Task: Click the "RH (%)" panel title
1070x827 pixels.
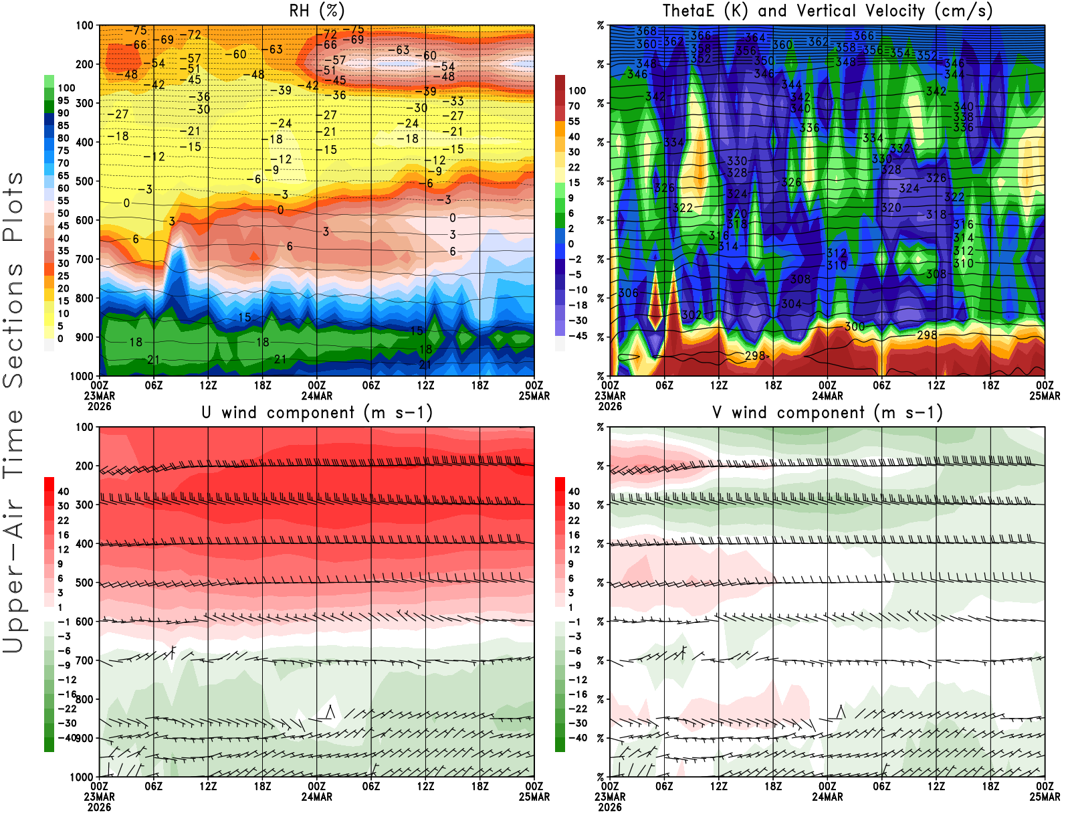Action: pyautogui.click(x=316, y=11)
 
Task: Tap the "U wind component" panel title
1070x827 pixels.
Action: pyautogui.click(x=316, y=412)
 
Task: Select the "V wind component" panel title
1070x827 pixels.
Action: pyautogui.click(x=827, y=412)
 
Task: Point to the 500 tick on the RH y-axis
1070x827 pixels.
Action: pyautogui.click(x=84, y=181)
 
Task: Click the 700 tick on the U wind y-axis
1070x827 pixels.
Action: pyautogui.click(x=84, y=660)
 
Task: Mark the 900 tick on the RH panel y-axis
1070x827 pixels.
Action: pyautogui.click(x=84, y=337)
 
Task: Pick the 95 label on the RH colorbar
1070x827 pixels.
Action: pyautogui.click(x=63, y=100)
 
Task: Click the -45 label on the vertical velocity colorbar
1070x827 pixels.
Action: pyautogui.click(x=577, y=336)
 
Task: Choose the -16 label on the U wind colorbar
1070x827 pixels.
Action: pyautogui.click(x=66, y=694)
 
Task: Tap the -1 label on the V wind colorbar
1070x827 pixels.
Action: pyautogui.click(x=574, y=622)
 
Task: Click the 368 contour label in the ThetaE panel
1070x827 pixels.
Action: pyautogui.click(x=646, y=31)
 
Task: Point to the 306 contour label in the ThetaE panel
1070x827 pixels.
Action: pyautogui.click(x=628, y=293)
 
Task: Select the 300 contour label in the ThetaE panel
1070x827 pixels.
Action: pyautogui.click(x=854, y=327)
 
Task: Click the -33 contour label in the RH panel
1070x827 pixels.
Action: pyautogui.click(x=457, y=101)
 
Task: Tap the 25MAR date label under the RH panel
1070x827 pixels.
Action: pyautogui.click(x=534, y=395)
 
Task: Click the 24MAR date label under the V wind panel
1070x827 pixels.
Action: pyautogui.click(x=827, y=797)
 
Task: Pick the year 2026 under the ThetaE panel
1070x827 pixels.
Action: pyautogui.click(x=609, y=406)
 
